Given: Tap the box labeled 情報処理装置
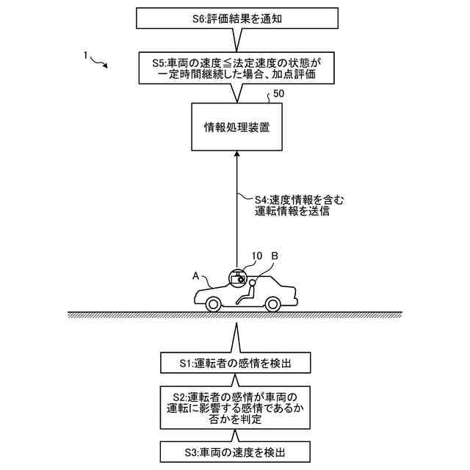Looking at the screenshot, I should [x=236, y=127].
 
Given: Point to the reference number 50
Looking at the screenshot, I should [x=279, y=95].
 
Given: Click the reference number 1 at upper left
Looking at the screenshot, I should [x=86, y=55].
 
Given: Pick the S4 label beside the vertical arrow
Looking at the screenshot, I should [x=288, y=205].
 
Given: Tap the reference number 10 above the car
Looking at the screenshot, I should [x=256, y=256].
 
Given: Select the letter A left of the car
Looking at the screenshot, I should [x=196, y=275].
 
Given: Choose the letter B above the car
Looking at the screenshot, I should [x=275, y=256].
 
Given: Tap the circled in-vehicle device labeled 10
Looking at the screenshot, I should [x=237, y=278].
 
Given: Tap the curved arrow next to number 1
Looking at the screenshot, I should [x=100, y=62].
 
